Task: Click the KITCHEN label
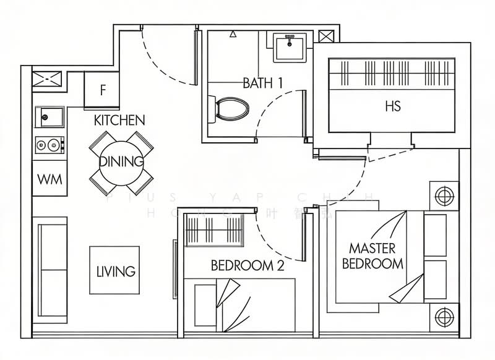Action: tap(119, 120)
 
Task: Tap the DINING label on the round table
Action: tap(121, 162)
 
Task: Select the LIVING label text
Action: tap(116, 271)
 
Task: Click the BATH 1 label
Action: tap(262, 83)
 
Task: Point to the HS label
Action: tap(392, 106)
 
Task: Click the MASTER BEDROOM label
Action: tap(372, 256)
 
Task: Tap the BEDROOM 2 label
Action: tap(247, 266)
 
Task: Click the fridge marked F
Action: tap(102, 90)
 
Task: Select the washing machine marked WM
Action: tap(49, 179)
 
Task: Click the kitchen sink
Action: tap(49, 116)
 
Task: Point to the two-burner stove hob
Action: tap(49, 145)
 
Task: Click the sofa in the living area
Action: tap(51, 269)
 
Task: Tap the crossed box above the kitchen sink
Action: tap(49, 79)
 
